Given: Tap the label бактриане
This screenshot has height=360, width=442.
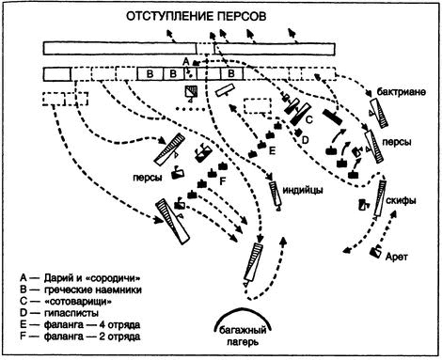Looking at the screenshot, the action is pos(402,92).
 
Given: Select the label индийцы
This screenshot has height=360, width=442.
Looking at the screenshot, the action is pos(303,190).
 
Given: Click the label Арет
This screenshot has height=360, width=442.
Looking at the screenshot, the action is pos(397,257).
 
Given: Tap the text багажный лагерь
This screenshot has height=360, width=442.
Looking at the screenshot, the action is pos(243,336).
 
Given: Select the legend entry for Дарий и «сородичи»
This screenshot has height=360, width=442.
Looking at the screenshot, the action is pos(81,278).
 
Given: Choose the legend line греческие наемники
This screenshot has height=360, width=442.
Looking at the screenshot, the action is pos(81,290).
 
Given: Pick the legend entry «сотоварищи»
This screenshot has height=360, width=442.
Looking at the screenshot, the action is pos(66,301).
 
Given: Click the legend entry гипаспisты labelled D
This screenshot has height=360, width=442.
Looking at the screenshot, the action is pos(59,313).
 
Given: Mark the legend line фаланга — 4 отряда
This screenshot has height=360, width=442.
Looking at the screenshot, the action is pos(80,324).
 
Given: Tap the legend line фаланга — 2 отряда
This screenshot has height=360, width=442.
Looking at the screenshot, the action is pos(80,337).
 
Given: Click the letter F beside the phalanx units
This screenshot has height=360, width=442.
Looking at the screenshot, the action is pos(223,181).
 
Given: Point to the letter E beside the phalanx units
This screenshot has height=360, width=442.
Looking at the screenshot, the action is pos(272,151).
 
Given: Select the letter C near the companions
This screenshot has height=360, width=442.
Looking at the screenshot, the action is pos(309,119).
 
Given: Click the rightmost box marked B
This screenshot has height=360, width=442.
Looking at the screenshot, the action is pos(231,74).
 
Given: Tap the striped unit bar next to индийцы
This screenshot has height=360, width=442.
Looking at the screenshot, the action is pos(275,194).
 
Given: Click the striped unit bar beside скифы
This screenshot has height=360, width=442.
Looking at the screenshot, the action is pos(380,198).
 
